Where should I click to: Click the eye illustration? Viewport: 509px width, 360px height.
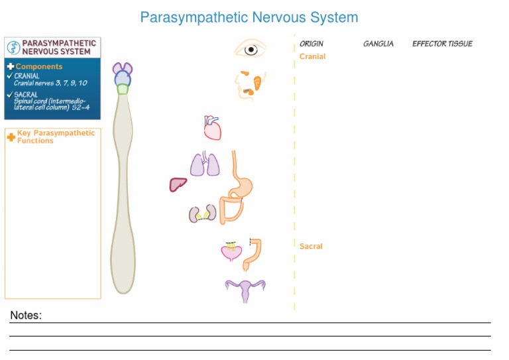(251, 49)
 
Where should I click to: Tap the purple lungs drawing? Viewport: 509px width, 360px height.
(205, 164)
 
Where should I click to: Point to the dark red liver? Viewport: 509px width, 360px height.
(178, 184)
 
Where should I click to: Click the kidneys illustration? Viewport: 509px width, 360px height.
(203, 213)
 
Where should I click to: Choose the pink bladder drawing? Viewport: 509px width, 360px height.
(231, 252)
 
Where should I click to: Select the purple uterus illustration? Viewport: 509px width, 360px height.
(245, 289)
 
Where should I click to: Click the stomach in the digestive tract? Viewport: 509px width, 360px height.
(242, 185)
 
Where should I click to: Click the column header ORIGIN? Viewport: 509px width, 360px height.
(311, 44)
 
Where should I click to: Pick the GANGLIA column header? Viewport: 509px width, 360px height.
(378, 44)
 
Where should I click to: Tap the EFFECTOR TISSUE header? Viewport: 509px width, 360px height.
(442, 44)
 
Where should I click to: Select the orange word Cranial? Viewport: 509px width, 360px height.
(312, 56)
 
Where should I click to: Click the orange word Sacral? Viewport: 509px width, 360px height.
(311, 246)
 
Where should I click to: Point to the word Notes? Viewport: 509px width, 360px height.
(26, 316)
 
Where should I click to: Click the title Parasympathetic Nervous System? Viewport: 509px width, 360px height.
(249, 18)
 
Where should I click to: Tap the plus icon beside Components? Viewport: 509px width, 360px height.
(10, 66)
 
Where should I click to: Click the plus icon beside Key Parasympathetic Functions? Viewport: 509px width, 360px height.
(11, 137)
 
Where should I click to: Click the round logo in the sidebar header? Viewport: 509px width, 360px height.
(13, 47)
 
